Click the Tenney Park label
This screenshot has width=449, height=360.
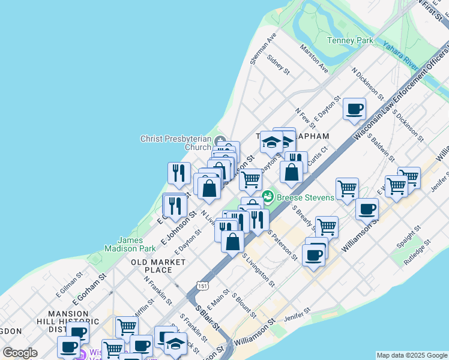pyautogui.click(x=350, y=41)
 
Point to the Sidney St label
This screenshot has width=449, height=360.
pyautogui.click(x=279, y=66)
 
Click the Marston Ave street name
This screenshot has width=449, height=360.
pyautogui.click(x=314, y=59)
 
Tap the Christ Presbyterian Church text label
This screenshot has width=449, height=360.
pyautogui.click(x=175, y=143)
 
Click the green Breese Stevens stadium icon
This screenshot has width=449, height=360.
pyautogui.click(x=268, y=196)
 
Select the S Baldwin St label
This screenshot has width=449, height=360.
pyautogui.click(x=381, y=149)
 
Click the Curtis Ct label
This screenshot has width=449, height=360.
pyautogui.click(x=318, y=157)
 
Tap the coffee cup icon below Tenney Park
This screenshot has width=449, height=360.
pyautogui.click(x=354, y=110)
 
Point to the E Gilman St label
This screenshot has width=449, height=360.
pyautogui.click(x=68, y=290)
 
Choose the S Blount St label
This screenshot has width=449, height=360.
pyautogui.click(x=244, y=305)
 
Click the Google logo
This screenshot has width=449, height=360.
pyautogui.click(x=20, y=353)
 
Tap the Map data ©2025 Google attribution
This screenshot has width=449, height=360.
pyautogui.click(x=411, y=355)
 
